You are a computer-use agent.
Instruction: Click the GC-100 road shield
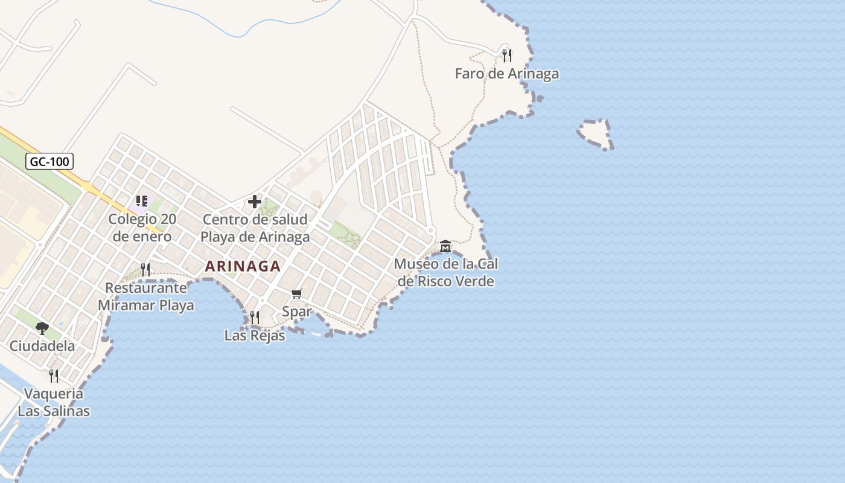(50, 161)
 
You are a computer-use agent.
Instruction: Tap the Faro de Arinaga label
(506, 74)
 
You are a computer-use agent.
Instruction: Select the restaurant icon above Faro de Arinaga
(507, 56)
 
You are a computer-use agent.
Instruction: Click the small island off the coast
(596, 133)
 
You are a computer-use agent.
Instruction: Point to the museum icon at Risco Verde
(445, 246)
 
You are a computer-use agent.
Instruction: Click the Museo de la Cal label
(445, 272)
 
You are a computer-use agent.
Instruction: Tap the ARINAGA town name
(243, 266)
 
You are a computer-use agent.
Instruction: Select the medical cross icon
(255, 202)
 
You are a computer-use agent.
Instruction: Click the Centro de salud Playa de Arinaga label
(255, 228)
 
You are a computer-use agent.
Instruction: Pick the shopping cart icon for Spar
(296, 294)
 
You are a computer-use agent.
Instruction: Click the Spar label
(296, 312)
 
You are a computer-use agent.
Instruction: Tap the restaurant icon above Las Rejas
(255, 317)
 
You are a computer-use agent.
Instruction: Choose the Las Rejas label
(255, 335)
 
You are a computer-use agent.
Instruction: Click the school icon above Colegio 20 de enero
(142, 201)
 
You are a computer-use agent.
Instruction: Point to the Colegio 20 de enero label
(142, 228)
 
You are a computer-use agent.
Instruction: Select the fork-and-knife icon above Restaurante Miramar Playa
(145, 269)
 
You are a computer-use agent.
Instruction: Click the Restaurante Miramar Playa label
(145, 296)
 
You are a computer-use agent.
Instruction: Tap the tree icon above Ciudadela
(42, 328)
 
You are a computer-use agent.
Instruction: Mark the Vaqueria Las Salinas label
(54, 402)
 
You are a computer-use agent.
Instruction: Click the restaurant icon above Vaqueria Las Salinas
(54, 376)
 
